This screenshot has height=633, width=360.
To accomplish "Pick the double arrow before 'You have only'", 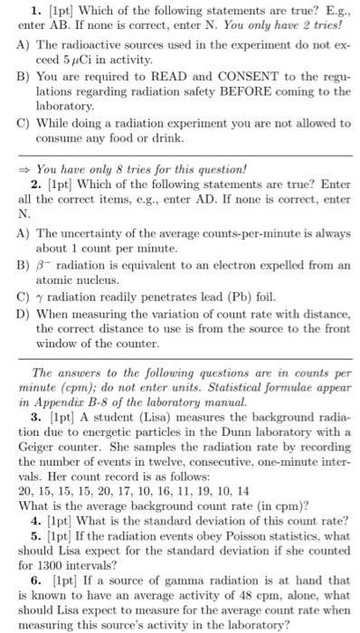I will click(26, 168).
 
